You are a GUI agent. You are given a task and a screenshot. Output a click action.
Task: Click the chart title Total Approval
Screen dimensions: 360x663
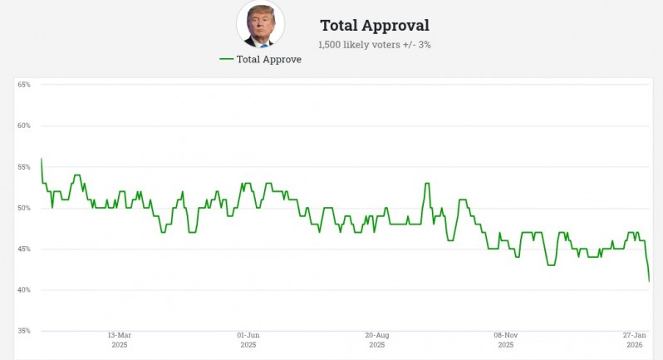click(374, 26)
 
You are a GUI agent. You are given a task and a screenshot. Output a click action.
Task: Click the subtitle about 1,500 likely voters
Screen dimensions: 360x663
click(374, 44)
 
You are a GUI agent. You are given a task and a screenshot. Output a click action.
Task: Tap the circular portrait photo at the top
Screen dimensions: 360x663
click(260, 23)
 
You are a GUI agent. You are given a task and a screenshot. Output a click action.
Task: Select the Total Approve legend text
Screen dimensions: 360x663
click(268, 59)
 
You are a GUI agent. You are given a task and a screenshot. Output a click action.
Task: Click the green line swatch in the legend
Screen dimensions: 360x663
click(226, 59)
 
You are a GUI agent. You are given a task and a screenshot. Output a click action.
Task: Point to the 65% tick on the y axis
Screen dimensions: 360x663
click(24, 85)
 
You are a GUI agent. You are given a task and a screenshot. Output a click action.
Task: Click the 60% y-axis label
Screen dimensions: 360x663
click(24, 126)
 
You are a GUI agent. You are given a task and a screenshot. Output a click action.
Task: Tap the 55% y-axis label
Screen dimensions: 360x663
click(24, 167)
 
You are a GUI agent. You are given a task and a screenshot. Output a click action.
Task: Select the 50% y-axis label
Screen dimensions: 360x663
click(24, 208)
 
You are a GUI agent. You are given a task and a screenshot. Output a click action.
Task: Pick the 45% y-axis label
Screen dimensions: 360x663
click(24, 249)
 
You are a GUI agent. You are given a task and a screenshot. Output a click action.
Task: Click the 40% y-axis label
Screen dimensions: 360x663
click(24, 290)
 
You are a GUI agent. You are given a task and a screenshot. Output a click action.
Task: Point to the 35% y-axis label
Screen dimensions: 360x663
click(24, 331)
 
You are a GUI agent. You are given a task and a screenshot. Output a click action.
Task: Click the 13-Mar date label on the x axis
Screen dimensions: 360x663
click(119, 335)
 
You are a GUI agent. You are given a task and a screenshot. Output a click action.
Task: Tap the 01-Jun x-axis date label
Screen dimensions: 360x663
click(248, 335)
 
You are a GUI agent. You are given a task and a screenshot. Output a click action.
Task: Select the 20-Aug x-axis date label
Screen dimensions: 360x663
click(376, 335)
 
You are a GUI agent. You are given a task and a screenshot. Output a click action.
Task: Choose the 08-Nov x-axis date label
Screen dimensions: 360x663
click(505, 335)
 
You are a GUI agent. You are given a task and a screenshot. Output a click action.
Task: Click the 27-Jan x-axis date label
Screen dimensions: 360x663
click(635, 335)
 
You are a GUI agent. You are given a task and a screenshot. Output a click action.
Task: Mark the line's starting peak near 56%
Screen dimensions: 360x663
click(41, 159)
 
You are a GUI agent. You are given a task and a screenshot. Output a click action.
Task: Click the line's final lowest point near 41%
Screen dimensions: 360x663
click(649, 282)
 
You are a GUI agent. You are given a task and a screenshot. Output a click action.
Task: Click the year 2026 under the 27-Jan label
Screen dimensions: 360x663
click(635, 344)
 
